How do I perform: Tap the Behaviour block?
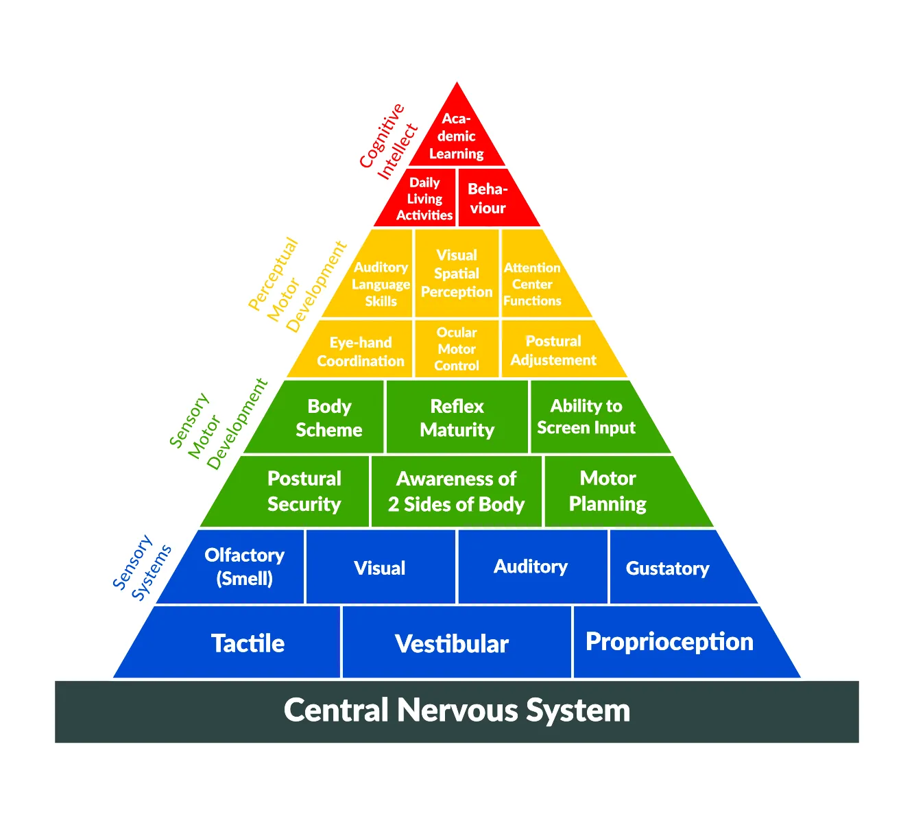(488, 198)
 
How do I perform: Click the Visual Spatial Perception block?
(457, 274)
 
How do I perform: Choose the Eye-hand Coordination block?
(361, 351)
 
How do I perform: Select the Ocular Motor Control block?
(457, 349)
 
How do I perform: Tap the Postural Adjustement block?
(553, 350)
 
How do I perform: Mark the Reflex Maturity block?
(457, 418)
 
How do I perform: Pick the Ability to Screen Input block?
(586, 417)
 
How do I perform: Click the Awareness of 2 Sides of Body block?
(457, 491)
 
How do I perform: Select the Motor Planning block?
(608, 491)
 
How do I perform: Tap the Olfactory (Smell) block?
(245, 566)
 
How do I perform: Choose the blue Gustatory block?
(668, 568)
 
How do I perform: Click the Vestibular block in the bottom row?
(452, 644)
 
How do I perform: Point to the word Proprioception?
(669, 642)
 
